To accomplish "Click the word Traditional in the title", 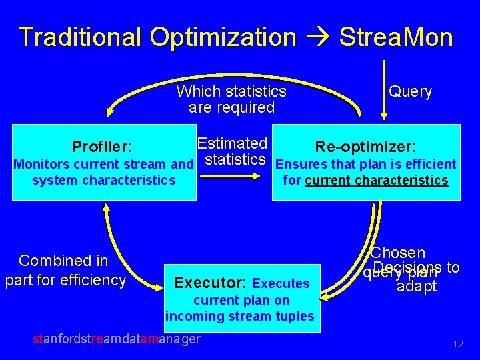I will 79,37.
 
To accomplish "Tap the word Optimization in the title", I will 223,37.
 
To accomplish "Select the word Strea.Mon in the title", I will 396,37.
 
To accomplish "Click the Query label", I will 410,92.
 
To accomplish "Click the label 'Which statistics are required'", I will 231,99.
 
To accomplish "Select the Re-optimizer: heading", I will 366,146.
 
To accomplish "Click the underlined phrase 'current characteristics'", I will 376,181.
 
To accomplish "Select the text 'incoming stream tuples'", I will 239,316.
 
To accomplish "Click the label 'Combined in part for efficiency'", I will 65,271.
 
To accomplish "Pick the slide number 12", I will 457,344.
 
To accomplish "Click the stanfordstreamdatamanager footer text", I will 117,339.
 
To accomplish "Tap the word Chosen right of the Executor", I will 398,253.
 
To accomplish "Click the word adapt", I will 417,287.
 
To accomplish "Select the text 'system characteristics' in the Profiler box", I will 103,181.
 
